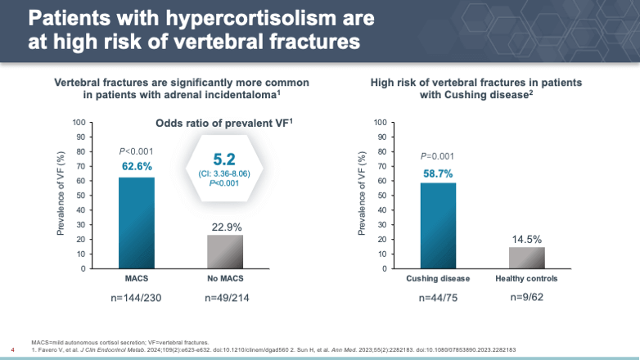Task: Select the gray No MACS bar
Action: tap(224, 251)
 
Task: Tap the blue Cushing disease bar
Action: tap(438, 225)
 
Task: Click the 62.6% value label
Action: tap(137, 166)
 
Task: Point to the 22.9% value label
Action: tap(224, 225)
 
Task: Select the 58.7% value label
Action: tap(438, 173)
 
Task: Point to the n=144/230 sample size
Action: tap(137, 298)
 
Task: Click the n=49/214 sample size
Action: tap(224, 298)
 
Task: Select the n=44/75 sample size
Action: tap(438, 298)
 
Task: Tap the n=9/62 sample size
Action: tap(527, 298)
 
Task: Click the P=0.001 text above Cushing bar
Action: tap(438, 155)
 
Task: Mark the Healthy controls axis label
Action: tap(527, 278)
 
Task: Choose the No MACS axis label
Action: tap(224, 278)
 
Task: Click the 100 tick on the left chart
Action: tap(79, 123)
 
